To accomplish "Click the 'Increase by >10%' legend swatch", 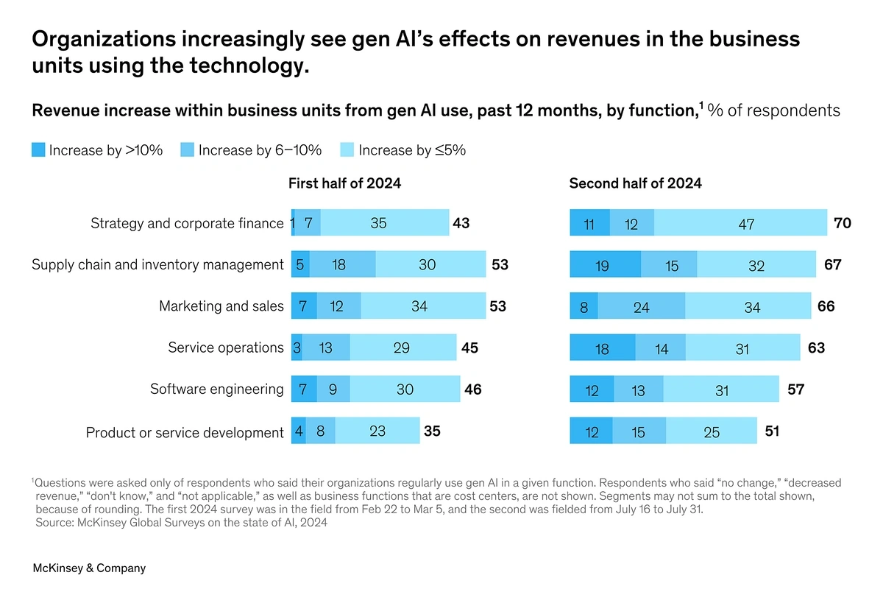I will pos(38,149).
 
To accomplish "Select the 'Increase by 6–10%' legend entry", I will pos(260,150).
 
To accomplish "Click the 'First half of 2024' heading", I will pos(344,183).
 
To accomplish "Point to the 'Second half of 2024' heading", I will pos(635,183).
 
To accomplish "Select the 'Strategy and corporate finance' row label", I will pos(187,223).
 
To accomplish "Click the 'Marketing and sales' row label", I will pos(221,306).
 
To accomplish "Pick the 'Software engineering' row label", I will pos(216,389).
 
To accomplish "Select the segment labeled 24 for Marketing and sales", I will pos(641,306).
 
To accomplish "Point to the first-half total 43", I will pos(461,222).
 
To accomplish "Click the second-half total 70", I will pos(843,222).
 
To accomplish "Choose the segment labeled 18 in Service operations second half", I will pos(602,348).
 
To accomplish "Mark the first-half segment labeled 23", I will pos(377,431).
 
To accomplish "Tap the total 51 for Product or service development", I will pos(772,431).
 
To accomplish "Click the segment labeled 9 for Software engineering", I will pos(333,389).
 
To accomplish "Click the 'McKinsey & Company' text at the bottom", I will pos(89,568).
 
